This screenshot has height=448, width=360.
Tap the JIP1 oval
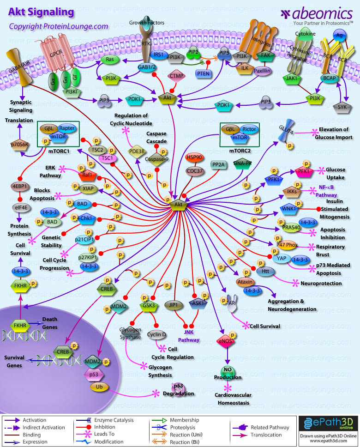(x=174, y=305)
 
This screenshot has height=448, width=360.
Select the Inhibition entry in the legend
(x=106, y=428)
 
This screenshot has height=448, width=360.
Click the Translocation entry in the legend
(x=266, y=435)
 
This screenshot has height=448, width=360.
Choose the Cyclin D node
(x=157, y=334)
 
